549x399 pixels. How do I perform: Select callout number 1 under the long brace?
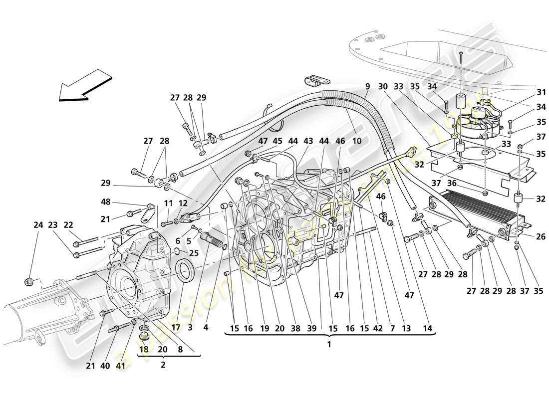329,344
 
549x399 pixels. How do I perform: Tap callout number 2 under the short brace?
162,365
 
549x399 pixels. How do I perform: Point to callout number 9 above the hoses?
367,86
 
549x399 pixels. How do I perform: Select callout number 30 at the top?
383,86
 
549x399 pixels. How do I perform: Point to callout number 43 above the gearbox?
308,141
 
